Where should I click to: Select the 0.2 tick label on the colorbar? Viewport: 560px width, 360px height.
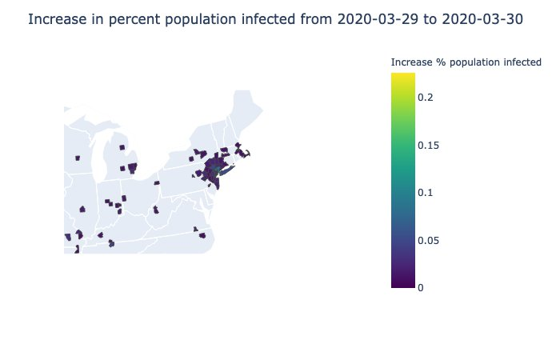pos(426,98)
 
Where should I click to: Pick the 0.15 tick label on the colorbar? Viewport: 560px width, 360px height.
pos(429,145)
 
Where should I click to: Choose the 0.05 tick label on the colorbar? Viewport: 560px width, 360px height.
pos(429,240)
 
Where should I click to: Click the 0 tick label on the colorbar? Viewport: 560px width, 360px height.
pos(422,287)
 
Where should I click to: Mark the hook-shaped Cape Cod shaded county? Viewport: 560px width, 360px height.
pos(247,154)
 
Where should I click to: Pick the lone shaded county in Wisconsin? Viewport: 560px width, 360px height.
pos(78,158)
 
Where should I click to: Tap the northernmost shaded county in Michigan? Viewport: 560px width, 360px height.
pos(122,147)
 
